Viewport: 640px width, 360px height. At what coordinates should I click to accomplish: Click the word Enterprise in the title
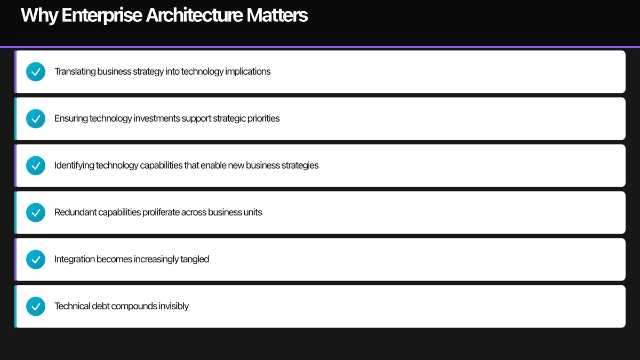[x=101, y=15]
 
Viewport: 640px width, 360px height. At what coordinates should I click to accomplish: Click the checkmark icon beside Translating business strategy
[x=36, y=71]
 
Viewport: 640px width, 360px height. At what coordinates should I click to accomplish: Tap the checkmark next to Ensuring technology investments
[x=36, y=118]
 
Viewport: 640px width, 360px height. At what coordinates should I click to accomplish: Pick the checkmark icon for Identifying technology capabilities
[x=36, y=165]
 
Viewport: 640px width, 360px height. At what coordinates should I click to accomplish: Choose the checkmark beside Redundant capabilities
[x=36, y=212]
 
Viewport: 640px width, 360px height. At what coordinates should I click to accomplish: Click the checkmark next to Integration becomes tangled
[x=36, y=259]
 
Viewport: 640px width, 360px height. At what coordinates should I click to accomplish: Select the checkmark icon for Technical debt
[x=36, y=306]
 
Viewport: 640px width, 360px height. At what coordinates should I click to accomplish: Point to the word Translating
[x=75, y=71]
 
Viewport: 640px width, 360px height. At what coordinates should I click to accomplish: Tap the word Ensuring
[x=71, y=118]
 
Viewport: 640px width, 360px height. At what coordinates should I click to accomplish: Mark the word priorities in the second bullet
[x=263, y=118]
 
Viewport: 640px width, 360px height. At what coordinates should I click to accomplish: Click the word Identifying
[x=74, y=165]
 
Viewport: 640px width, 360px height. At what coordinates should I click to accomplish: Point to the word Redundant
[x=75, y=212]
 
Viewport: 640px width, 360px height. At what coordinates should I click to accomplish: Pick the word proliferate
[x=161, y=212]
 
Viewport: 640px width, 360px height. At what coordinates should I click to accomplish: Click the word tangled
[x=195, y=259]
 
